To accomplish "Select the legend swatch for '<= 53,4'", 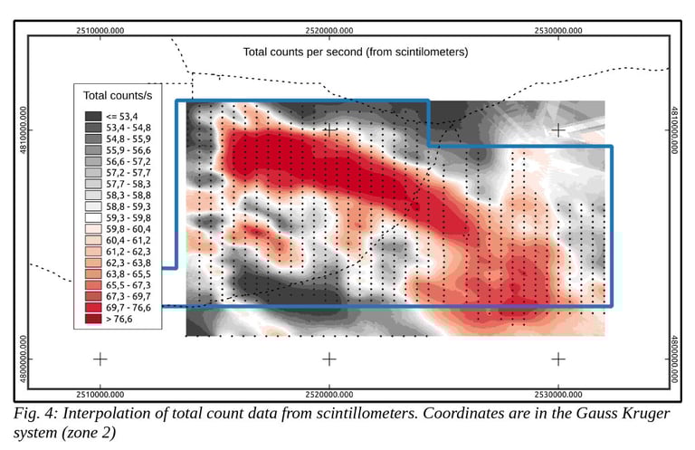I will pos(92,116).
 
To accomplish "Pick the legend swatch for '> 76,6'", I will pos(92,319).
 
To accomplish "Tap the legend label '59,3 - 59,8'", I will pos(128,217).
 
